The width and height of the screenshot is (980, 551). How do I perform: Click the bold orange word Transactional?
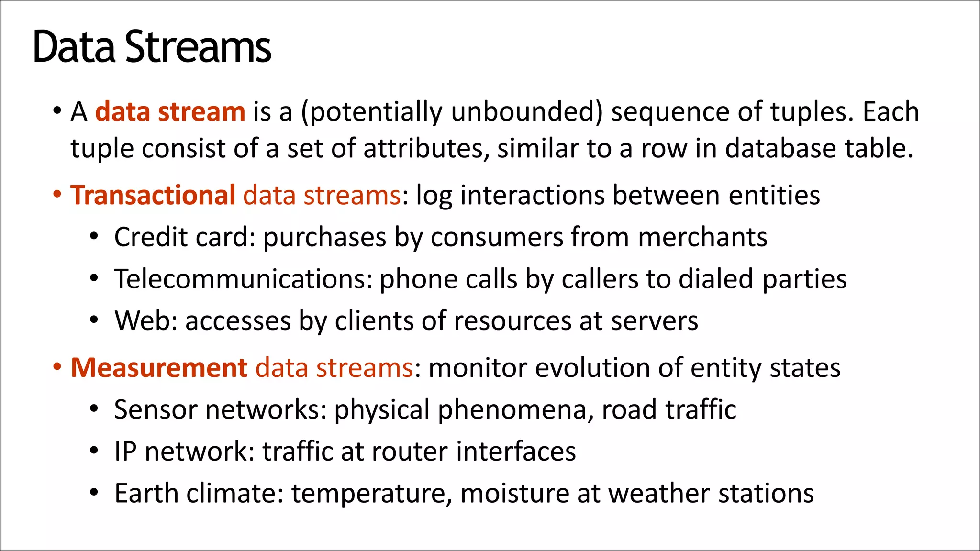point(153,195)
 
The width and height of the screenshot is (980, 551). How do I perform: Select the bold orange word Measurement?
point(159,368)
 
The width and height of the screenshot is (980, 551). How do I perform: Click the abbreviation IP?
point(125,452)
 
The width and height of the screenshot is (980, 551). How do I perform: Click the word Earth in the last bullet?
point(146,493)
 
